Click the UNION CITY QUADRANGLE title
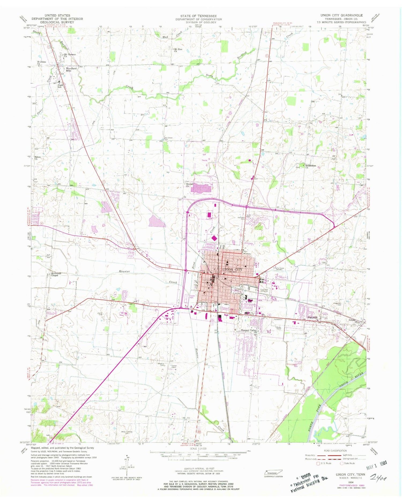point(341,16)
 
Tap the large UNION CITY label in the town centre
point(232,269)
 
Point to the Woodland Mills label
point(71,70)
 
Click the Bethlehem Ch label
point(311,166)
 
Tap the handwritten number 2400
point(379,477)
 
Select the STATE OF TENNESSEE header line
point(199,16)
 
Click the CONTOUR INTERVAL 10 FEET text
point(199,469)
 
